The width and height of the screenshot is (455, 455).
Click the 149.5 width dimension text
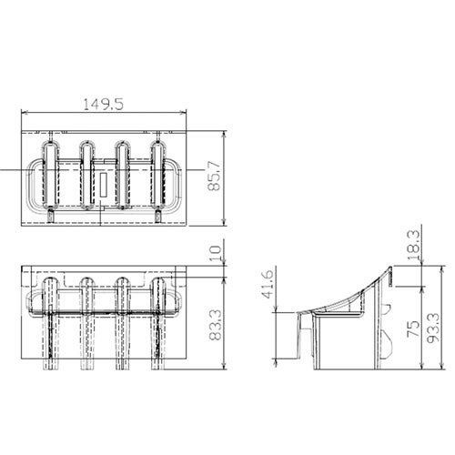point(103,105)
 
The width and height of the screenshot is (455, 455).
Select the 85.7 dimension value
point(214,176)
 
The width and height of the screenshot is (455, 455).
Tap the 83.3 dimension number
point(215,325)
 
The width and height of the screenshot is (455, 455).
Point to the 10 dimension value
point(216,253)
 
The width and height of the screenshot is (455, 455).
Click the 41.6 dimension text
point(268,284)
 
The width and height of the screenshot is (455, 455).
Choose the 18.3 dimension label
point(414,245)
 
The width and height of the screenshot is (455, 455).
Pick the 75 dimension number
point(413,329)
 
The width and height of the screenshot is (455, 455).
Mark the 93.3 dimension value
point(433,328)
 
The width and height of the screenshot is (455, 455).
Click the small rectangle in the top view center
point(104,185)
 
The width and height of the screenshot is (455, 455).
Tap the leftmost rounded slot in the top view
point(50,176)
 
